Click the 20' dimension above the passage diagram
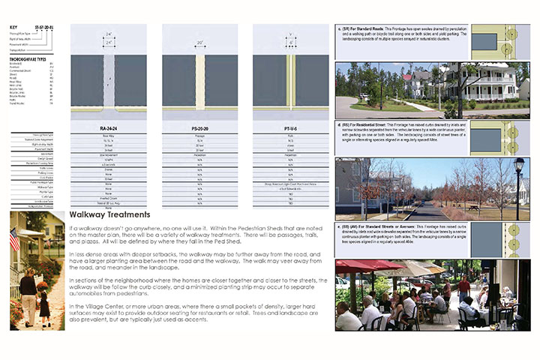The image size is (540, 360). tap(199, 43)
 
